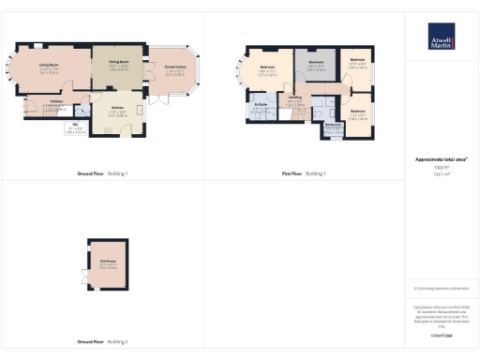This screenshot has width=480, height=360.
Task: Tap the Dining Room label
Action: pos(117,63)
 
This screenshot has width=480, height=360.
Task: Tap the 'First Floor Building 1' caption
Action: pos(302,174)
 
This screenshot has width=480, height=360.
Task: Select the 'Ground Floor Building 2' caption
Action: pos(102,342)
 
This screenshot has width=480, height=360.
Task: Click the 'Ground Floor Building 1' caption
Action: pos(102,174)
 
